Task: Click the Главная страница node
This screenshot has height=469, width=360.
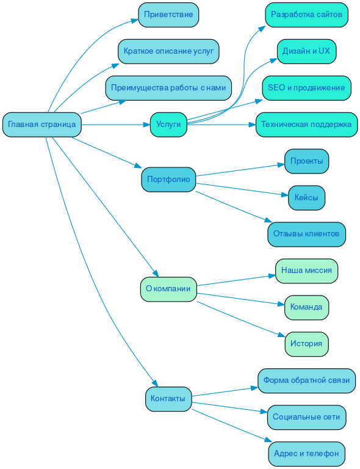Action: [41, 125]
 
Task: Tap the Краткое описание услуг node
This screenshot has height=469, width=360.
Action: [168, 51]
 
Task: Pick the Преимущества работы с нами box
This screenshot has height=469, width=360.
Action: [168, 88]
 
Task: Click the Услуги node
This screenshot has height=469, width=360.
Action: [168, 125]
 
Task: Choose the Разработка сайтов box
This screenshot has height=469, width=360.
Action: [306, 15]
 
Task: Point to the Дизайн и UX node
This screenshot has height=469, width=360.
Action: [306, 51]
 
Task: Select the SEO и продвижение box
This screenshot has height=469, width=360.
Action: [306, 88]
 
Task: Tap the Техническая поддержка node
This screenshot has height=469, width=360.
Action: [306, 125]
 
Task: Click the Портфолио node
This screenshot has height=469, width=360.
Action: [168, 180]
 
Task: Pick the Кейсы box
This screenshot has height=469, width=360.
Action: [306, 198]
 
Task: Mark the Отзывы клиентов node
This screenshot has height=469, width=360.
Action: [306, 234]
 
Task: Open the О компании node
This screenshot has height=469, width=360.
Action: [168, 289]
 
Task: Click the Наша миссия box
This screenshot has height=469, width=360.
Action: [306, 271]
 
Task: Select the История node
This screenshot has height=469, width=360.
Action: [306, 344]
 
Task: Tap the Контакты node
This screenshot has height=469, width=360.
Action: [168, 399]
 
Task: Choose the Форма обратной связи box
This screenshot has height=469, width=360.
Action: [306, 380]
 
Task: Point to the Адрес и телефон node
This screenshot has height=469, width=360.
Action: [306, 454]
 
